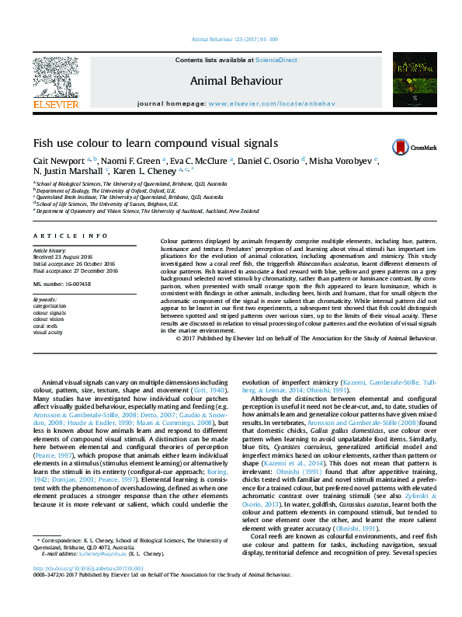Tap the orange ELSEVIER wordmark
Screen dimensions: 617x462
coord(55,103)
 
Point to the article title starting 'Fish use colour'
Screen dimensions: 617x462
coord(155,143)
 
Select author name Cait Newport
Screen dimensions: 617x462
coord(60,160)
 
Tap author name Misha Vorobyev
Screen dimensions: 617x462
coord(340,160)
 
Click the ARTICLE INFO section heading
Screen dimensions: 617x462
coord(70,234)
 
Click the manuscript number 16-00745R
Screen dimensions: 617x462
coord(74,284)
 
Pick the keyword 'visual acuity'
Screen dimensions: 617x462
coord(48,331)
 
